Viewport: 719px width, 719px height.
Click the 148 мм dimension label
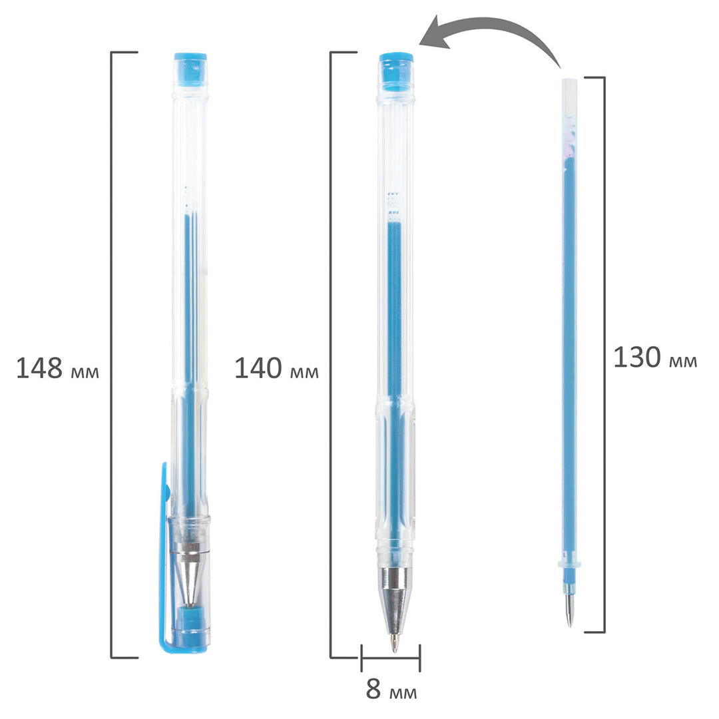click(x=57, y=367)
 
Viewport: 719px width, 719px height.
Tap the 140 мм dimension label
click(x=276, y=367)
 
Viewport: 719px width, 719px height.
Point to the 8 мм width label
click(x=391, y=689)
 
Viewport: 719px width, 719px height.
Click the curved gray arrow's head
click(x=435, y=35)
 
